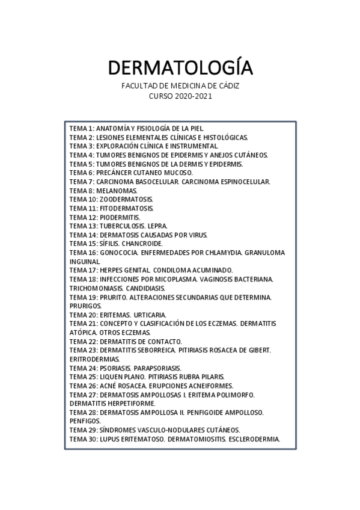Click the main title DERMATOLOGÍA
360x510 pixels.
(180, 67)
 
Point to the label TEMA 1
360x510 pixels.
(82, 128)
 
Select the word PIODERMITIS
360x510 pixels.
(120, 217)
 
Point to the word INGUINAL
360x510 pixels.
(85, 262)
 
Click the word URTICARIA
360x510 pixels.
(150, 315)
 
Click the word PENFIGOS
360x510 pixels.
(85, 421)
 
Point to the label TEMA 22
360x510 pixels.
(84, 342)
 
